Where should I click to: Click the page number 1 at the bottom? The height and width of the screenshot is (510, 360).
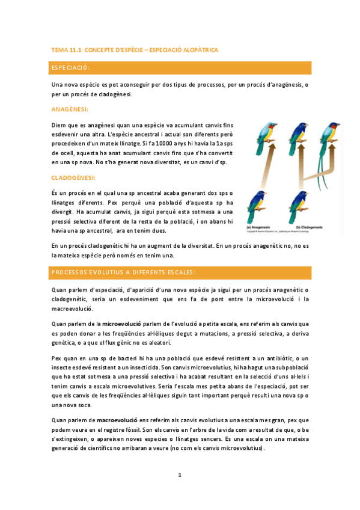pos(179,476)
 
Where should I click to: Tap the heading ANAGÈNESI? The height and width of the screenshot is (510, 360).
pos(70,109)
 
